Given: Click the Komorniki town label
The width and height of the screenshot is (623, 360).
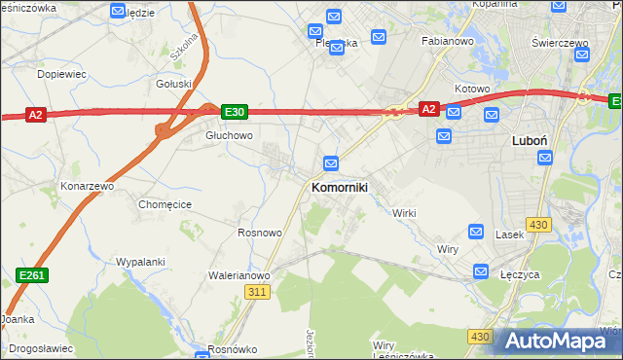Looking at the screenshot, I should (339, 187).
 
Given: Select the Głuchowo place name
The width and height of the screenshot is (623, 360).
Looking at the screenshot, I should (229, 136).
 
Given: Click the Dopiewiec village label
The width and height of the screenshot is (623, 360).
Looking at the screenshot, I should (62, 74).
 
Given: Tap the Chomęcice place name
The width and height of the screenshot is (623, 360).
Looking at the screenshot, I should (165, 204).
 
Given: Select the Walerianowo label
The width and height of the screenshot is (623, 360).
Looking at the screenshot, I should (238, 275).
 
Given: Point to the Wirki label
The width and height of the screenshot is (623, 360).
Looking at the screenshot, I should (404, 213).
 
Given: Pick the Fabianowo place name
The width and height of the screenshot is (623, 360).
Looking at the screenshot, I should (447, 42).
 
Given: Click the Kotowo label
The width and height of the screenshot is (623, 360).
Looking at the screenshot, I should (471, 89).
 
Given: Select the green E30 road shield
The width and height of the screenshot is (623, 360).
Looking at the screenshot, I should (234, 113).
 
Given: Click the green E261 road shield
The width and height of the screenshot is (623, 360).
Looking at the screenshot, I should (33, 277).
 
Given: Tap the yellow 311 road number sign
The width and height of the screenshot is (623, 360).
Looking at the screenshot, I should (257, 292).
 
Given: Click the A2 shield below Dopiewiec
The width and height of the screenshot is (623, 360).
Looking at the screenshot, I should (35, 115).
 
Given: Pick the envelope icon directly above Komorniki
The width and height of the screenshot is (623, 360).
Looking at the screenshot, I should (331, 162).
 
